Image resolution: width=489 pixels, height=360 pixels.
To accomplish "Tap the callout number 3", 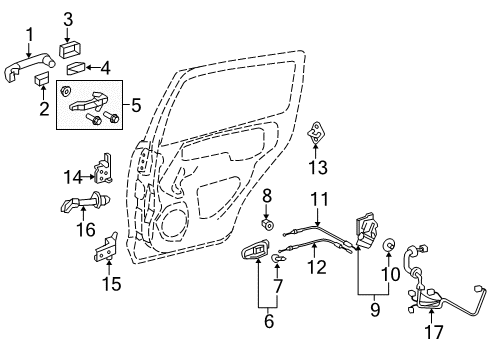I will [x=68, y=18].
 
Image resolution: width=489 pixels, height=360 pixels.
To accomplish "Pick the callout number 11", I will [x=318, y=199].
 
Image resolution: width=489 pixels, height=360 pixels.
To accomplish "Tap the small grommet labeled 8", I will [x=268, y=238].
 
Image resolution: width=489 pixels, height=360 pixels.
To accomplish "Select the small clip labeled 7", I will [x=276, y=260].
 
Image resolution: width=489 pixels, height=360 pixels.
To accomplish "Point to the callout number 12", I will [x=317, y=268].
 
